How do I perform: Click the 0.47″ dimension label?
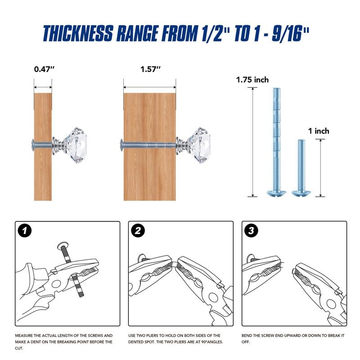point(44,69)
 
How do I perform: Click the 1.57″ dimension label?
point(150,69)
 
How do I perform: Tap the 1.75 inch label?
point(252,80)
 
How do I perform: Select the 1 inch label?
point(319,131)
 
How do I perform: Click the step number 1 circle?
point(25,230)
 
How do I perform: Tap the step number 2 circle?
point(138,230)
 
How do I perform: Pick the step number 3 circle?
point(251,230)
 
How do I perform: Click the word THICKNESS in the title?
point(78,33)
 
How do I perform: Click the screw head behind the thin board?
point(32,145)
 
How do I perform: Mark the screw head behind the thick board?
point(121,145)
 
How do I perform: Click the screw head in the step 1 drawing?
point(63,245)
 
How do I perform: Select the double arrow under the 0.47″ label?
point(43,87)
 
